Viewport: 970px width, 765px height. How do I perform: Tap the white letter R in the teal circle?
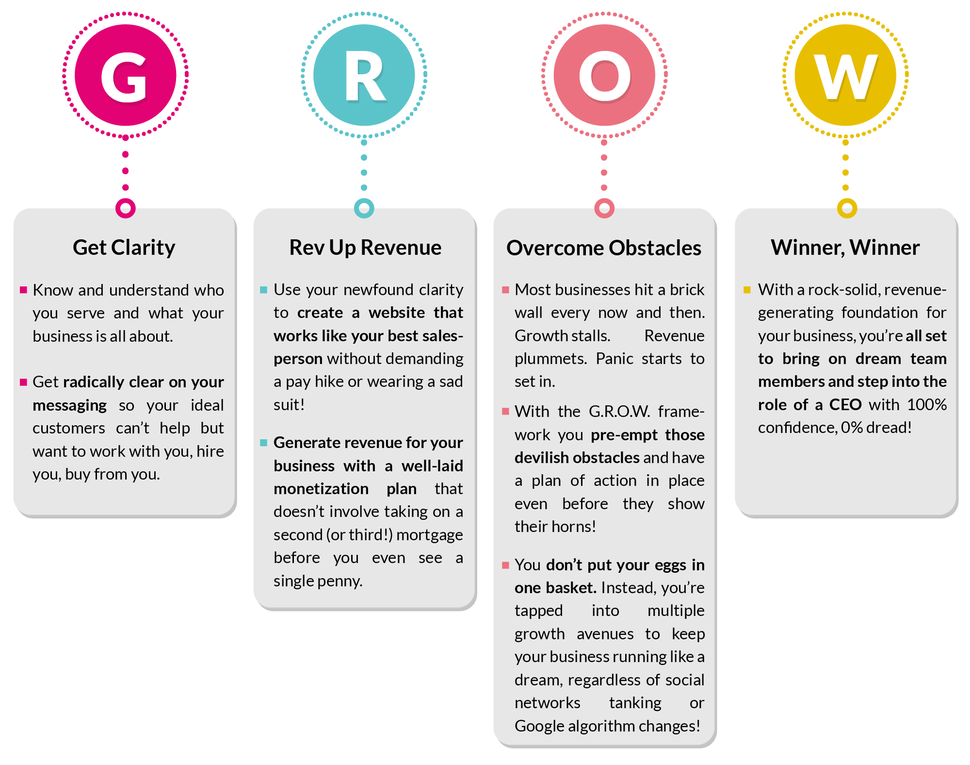(365, 76)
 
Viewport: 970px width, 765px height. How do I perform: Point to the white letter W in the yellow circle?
(845, 76)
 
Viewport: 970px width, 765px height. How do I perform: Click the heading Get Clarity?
(124, 247)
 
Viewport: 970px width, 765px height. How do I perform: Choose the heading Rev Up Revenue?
(365, 247)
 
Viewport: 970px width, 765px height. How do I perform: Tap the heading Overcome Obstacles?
(604, 248)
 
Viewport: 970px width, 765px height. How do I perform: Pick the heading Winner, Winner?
(845, 247)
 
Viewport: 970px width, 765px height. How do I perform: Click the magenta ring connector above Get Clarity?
(126, 208)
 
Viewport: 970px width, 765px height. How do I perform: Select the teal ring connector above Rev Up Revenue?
(364, 208)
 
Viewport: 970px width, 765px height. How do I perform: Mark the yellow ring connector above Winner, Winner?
(847, 208)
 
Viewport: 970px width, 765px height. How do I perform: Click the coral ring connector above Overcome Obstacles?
(604, 208)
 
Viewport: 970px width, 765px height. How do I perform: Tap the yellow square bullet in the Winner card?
(747, 290)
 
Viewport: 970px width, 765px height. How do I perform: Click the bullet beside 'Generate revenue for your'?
(264, 442)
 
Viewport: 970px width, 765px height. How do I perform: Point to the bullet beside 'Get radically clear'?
(23, 382)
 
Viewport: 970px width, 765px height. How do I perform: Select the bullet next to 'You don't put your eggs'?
(505, 565)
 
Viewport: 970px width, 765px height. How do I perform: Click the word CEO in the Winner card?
(845, 405)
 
